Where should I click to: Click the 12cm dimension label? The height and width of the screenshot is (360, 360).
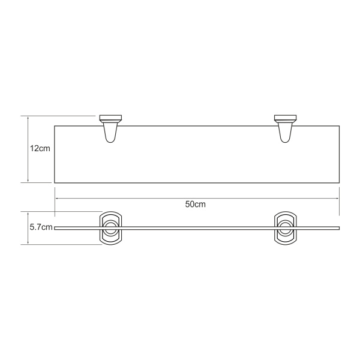click(40, 149)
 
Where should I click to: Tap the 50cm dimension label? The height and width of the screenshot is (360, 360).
click(196, 204)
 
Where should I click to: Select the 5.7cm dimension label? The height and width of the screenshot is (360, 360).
click(41, 227)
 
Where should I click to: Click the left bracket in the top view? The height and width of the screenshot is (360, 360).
click(110, 129)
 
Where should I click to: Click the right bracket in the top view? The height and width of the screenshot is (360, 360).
click(285, 129)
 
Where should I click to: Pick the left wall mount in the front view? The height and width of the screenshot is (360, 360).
click(110, 228)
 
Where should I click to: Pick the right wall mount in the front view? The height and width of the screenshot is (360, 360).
click(285, 228)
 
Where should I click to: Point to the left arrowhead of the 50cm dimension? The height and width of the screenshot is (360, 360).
click(56, 199)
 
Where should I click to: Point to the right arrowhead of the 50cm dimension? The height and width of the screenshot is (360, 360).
click(338, 199)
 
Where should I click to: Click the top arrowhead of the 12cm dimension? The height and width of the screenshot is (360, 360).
click(28, 117)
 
